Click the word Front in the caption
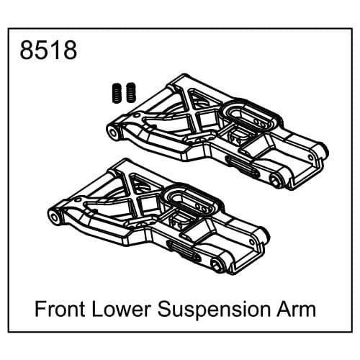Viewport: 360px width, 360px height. click(x=62, y=310)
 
